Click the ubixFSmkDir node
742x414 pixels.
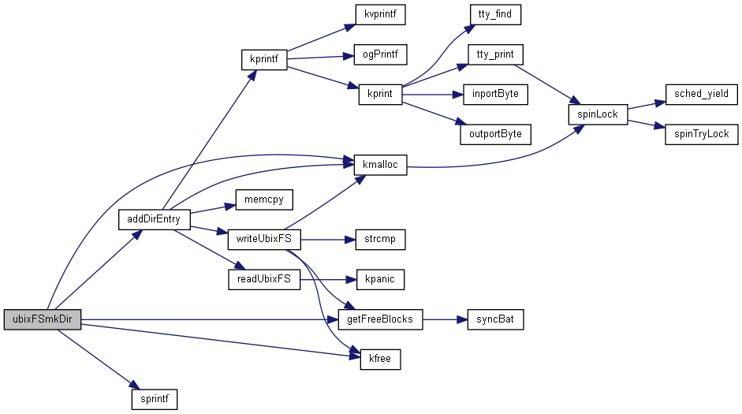[43, 319]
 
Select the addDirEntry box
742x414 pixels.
[154, 218]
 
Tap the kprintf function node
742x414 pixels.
[263, 60]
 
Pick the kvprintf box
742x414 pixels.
[379, 14]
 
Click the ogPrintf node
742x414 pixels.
[379, 54]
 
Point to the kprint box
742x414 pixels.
[379, 94]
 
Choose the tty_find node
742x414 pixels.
[495, 14]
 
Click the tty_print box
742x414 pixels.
[495, 54]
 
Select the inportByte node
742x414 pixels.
[495, 94]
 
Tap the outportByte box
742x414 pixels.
[495, 133]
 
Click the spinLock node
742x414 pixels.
[598, 114]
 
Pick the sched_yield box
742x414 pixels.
[701, 94]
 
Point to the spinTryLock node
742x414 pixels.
[701, 133]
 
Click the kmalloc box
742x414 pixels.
[379, 165]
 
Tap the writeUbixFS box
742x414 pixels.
[263, 238]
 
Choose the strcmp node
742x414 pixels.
[379, 238]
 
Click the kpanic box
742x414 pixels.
[379, 278]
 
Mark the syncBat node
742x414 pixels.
[495, 319]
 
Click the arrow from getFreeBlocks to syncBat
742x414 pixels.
[446, 319]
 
